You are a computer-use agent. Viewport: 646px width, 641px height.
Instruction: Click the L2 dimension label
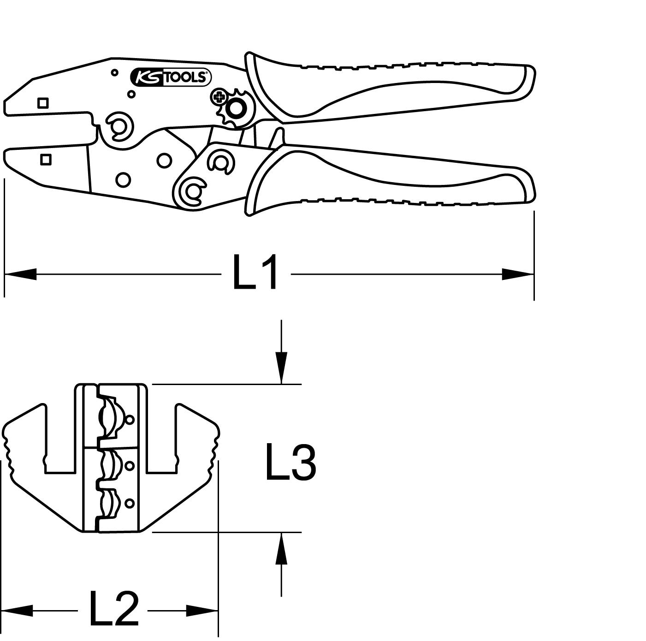click(113, 610)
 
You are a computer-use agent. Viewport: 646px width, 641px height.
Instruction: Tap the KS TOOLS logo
click(171, 77)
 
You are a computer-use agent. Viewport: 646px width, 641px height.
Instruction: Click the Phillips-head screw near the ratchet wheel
click(218, 97)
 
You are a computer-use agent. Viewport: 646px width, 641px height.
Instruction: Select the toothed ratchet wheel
click(237, 109)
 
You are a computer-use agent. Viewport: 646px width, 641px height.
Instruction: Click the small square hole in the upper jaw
click(43, 103)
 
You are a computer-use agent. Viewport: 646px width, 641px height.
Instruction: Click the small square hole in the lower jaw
click(45, 160)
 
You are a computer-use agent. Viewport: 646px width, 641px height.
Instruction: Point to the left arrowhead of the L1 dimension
click(21, 274)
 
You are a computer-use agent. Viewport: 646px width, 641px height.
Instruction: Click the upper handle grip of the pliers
click(392, 88)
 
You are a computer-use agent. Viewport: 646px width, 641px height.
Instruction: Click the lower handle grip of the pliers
click(392, 180)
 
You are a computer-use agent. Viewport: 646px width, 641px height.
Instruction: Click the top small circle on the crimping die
click(130, 419)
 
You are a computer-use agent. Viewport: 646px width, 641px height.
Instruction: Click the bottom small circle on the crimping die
click(130, 503)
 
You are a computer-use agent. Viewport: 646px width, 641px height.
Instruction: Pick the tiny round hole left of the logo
click(115, 72)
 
